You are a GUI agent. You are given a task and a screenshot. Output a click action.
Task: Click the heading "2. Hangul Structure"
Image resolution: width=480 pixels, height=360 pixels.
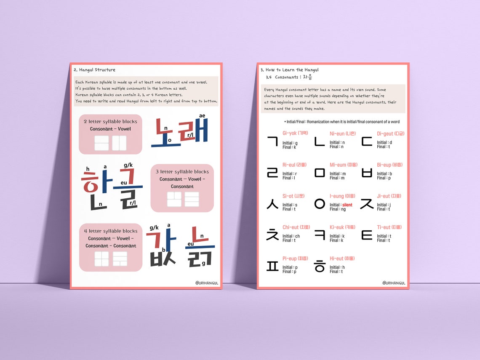[x=94, y=70]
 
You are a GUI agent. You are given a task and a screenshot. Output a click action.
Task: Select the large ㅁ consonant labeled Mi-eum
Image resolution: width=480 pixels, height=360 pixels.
[x=320, y=173]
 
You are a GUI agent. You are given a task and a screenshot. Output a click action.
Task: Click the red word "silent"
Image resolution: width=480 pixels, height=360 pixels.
[x=347, y=205]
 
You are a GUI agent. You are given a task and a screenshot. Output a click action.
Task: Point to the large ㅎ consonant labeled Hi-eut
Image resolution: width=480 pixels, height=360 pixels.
[x=320, y=266]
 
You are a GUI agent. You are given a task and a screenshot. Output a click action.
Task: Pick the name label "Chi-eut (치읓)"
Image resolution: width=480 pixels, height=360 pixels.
[x=296, y=227]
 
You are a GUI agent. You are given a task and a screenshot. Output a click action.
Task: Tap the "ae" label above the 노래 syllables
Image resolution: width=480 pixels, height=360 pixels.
[x=202, y=115]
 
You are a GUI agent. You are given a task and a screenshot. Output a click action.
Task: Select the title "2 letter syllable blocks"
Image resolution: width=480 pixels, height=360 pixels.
[x=110, y=122]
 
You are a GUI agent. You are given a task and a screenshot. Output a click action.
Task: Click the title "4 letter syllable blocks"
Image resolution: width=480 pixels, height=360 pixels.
[x=110, y=231]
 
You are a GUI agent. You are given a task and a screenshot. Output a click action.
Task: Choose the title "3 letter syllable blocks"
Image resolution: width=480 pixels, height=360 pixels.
[x=182, y=172]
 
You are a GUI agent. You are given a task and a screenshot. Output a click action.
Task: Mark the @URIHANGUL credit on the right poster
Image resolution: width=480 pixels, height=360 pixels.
[x=394, y=283]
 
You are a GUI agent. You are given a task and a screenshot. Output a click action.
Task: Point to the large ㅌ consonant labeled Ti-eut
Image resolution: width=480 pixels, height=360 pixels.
[x=367, y=235]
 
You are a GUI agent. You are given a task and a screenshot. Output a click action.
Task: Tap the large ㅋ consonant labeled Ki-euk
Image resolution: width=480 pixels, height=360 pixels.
[x=320, y=235]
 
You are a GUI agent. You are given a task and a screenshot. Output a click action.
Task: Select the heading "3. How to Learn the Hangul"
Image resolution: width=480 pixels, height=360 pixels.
[x=290, y=70]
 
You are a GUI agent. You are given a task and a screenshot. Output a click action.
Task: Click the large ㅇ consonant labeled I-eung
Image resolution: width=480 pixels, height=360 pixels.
[x=320, y=204]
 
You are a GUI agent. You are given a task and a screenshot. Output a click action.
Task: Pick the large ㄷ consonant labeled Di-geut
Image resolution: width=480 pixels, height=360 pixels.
[x=367, y=141]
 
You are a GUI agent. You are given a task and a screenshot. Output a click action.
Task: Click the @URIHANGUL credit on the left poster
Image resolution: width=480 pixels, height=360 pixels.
[x=207, y=283]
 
